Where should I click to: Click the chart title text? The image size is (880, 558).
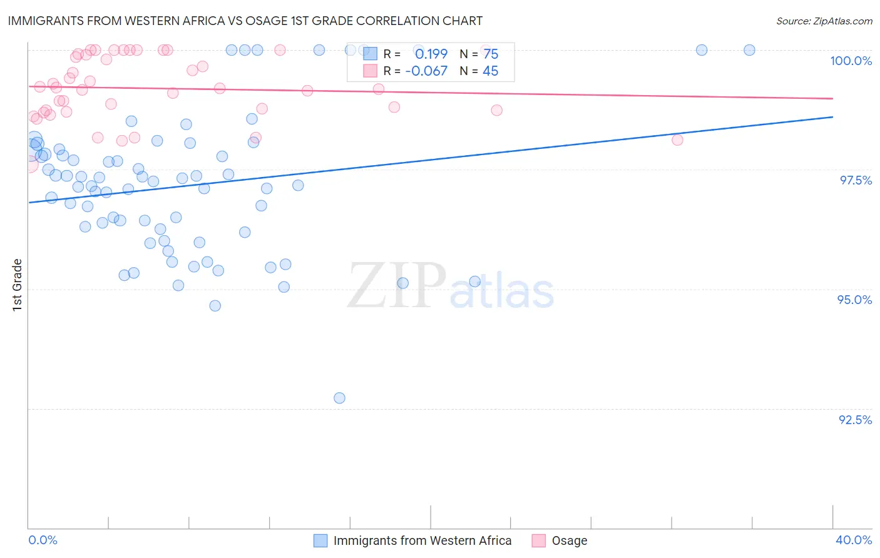pyautogui.click(x=245, y=21)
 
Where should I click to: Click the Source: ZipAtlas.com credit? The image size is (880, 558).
pyautogui.click(x=824, y=21)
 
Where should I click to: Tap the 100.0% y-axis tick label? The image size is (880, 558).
pyautogui.click(x=851, y=61)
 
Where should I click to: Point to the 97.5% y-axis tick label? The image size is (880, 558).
pyautogui.click(x=855, y=180)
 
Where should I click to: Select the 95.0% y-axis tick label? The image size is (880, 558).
pyautogui.click(x=854, y=300)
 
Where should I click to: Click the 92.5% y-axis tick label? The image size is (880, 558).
pyautogui.click(x=855, y=420)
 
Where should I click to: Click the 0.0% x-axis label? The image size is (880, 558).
pyautogui.click(x=43, y=540)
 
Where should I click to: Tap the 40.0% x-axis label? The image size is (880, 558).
pyautogui.click(x=853, y=540)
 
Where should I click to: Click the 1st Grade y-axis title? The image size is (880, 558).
pyautogui.click(x=18, y=284)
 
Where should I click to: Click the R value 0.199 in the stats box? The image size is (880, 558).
pyautogui.click(x=431, y=54)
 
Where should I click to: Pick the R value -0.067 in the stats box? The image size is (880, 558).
pyautogui.click(x=426, y=71)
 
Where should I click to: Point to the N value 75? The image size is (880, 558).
pyautogui.click(x=491, y=54)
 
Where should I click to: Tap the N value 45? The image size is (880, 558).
pyautogui.click(x=490, y=71)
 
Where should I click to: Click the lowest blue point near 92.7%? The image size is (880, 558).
pyautogui.click(x=339, y=398)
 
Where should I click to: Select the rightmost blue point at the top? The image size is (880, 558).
pyautogui.click(x=749, y=50)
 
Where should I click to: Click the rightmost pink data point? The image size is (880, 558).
pyautogui.click(x=677, y=139)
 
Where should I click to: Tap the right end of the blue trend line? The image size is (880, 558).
pyautogui.click(x=832, y=117)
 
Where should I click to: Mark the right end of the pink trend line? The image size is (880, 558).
pyautogui.click(x=832, y=98)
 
